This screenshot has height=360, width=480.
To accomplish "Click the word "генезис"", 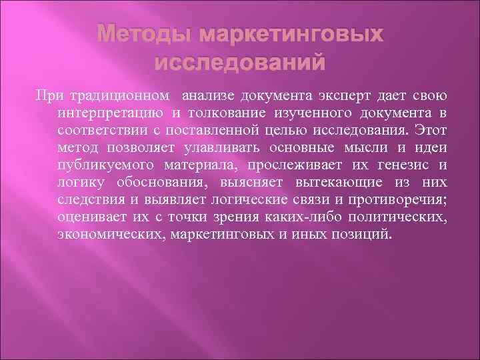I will pos(403,164).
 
